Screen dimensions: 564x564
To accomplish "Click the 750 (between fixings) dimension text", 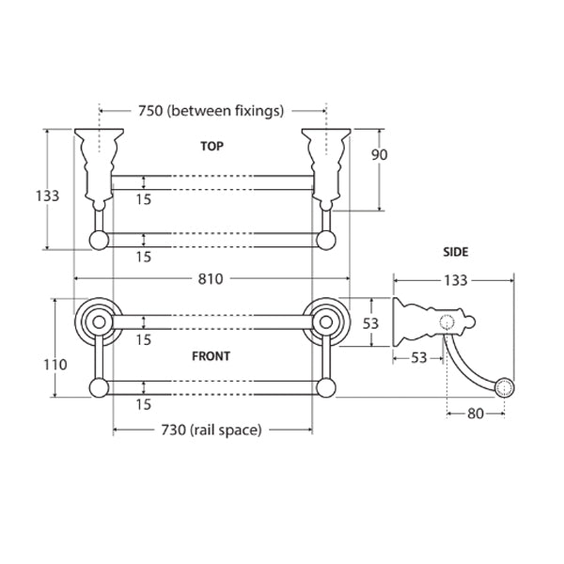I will point(211,111).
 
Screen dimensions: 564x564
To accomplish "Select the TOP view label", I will point(212,147).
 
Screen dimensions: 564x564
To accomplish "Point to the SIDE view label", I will point(455,252).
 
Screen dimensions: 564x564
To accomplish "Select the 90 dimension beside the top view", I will point(381,155).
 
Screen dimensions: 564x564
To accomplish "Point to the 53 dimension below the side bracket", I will point(419,356).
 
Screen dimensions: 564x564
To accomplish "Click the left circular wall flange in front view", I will point(95,321).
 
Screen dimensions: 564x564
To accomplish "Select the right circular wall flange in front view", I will point(328,321).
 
